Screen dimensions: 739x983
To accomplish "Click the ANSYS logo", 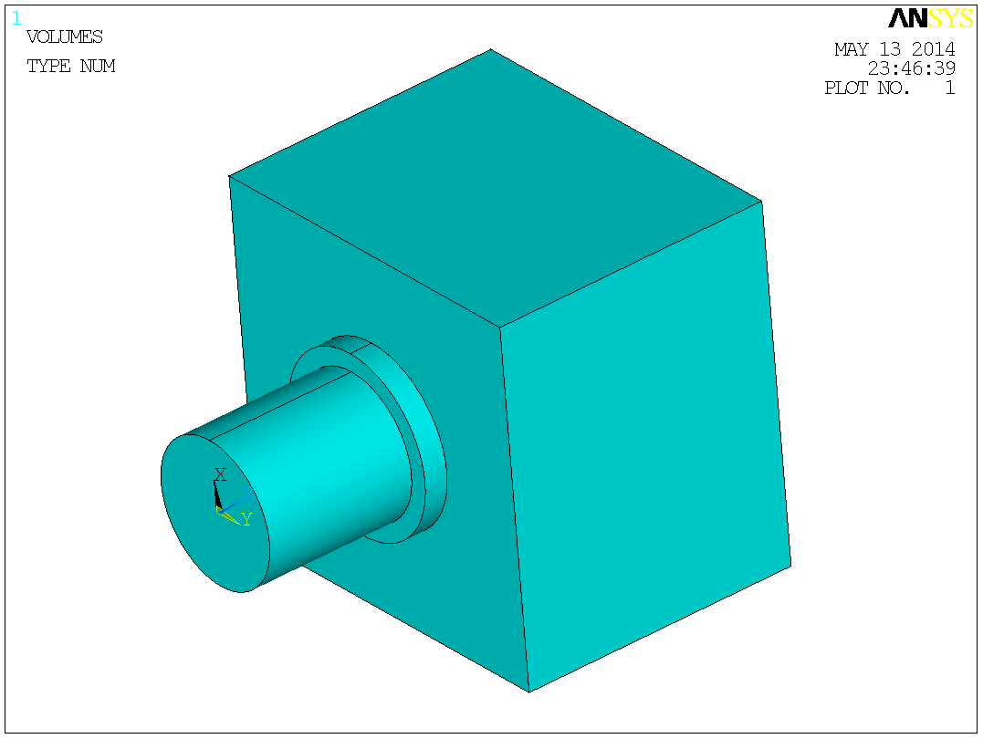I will (x=930, y=18).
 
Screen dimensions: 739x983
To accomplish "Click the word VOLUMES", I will (x=64, y=37).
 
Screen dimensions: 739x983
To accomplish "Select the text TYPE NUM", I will (x=70, y=67).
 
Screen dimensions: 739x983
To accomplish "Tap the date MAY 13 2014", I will (x=894, y=49).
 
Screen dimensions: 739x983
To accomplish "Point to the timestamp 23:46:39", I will (x=911, y=69).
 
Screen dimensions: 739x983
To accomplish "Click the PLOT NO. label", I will (x=867, y=88).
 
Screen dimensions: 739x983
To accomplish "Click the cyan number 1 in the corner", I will (x=16, y=18).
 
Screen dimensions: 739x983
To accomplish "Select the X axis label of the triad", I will (x=220, y=474).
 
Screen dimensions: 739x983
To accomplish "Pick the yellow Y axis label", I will (x=246, y=519).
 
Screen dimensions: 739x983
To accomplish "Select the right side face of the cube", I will (x=643, y=447).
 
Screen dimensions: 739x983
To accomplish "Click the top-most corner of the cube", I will (x=491, y=49).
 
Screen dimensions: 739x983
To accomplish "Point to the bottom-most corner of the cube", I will (x=529, y=692).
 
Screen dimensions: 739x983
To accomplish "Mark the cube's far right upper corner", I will (x=761, y=201).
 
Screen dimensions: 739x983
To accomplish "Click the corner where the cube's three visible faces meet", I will (x=499, y=327).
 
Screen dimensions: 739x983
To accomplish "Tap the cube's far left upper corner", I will (x=229, y=175).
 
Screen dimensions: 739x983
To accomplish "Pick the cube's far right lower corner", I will (x=790, y=566).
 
